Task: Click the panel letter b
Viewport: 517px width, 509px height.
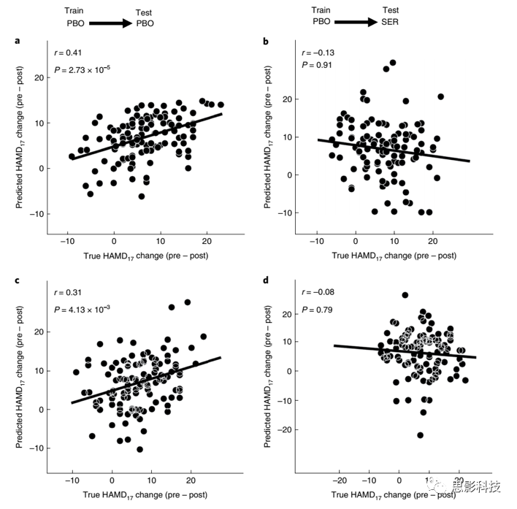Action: click(266, 41)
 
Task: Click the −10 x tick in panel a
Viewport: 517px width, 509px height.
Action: click(67, 241)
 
